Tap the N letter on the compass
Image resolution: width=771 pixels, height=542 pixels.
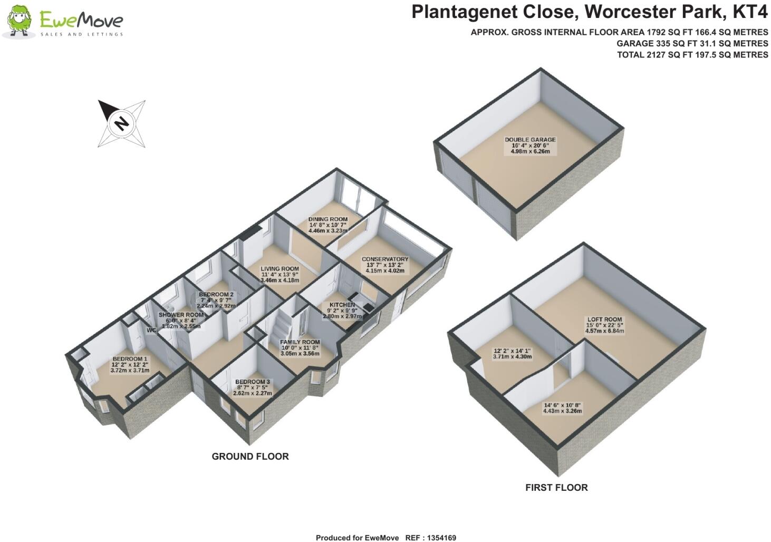[122, 123]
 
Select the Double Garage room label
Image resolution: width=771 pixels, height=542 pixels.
[530, 140]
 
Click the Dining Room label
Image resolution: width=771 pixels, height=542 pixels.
[327, 219]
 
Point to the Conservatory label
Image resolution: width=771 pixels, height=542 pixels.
[384, 259]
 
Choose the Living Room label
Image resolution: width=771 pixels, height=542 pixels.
[280, 269]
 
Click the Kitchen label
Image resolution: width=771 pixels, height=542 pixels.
[342, 305]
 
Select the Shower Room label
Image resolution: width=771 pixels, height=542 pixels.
[181, 315]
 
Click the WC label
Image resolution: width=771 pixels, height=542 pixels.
[152, 331]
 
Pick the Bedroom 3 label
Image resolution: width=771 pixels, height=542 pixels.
[253, 382]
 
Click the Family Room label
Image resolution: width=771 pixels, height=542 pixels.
[300, 342]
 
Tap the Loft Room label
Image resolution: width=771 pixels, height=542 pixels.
[604, 320]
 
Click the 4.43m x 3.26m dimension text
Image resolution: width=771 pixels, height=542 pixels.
[562, 411]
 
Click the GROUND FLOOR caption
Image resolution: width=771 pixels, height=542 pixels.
[250, 457]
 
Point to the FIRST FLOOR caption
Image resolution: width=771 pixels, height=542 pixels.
[556, 488]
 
